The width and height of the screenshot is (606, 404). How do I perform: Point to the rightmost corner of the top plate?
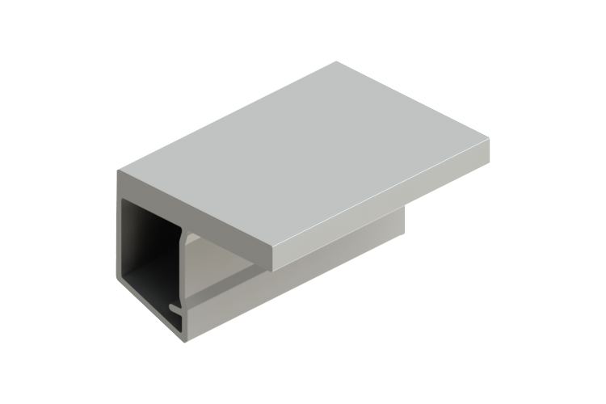tap(491, 142)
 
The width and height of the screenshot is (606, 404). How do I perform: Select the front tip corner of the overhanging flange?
tap(274, 267)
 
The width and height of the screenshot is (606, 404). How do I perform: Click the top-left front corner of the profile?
tap(117, 172)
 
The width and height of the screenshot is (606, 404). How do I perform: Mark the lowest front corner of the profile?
tap(188, 346)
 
